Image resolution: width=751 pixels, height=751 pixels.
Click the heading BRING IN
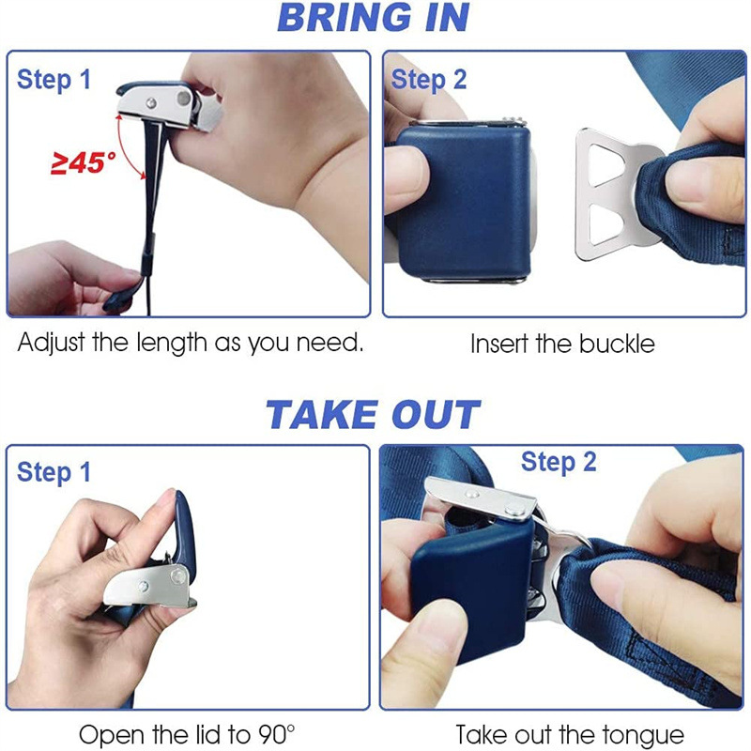[x=374, y=18]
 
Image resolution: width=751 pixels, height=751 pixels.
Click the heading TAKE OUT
[x=373, y=415]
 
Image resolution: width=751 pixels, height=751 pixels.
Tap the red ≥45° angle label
[x=84, y=162]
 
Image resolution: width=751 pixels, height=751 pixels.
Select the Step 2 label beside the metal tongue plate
[x=429, y=80]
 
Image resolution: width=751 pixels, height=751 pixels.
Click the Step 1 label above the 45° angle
[x=54, y=80]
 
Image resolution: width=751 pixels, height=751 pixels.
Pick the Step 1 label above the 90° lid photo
[x=54, y=472]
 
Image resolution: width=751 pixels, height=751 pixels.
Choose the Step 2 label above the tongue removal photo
[x=559, y=462]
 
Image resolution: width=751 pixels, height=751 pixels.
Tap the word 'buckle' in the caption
[x=617, y=344]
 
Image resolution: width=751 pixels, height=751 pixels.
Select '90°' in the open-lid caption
[x=276, y=734]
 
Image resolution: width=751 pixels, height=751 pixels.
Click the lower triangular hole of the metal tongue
[x=604, y=224]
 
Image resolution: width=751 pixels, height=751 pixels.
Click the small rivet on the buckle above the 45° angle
[x=151, y=102]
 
